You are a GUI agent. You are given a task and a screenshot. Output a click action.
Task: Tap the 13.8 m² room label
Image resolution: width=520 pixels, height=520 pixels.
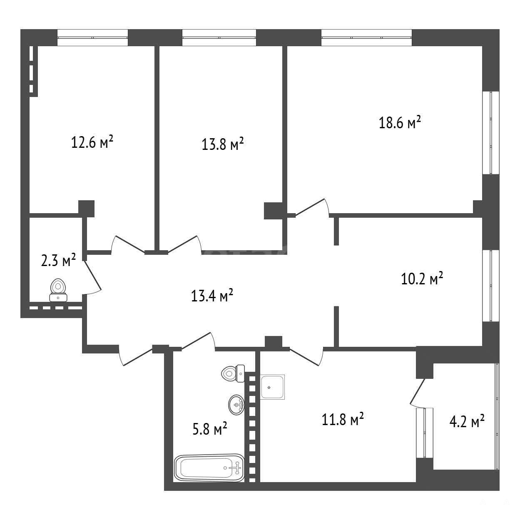point(223,144)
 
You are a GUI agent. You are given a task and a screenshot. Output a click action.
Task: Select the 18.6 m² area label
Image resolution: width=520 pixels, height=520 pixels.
point(400,122)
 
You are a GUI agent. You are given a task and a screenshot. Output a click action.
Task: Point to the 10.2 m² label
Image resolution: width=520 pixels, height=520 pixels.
point(422,279)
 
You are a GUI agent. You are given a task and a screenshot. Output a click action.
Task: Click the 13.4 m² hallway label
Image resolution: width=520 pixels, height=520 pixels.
point(212,296)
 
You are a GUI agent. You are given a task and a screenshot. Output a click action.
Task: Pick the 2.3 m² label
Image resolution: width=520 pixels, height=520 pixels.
point(58,260)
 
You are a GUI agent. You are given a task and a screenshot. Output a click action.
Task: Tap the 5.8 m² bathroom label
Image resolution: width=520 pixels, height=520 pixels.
point(210,428)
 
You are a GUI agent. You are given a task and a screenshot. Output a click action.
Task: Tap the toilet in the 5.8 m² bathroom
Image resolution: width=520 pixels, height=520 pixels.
point(233,373)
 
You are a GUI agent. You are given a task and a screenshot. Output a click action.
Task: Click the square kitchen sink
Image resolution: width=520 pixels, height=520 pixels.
point(272,387)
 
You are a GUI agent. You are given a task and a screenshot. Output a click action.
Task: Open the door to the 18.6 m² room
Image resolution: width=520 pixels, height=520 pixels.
point(313,207)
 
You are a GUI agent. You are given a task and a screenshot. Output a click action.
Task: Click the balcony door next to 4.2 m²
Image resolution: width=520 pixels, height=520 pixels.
point(418,393)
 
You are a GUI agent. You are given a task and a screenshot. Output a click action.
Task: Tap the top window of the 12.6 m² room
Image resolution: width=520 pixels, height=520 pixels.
point(92,37)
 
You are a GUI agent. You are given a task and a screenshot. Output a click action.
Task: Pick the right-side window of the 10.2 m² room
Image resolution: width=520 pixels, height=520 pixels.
point(491,286)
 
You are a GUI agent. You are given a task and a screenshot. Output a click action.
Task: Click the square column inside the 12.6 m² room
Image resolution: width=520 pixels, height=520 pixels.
point(86,209)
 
